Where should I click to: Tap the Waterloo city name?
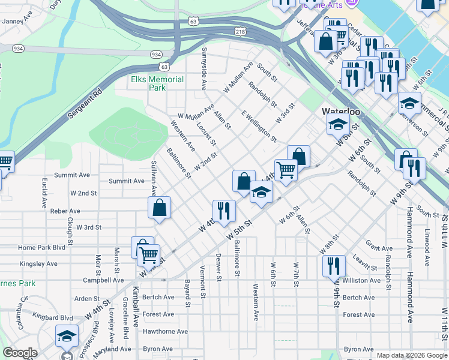pos(340,112)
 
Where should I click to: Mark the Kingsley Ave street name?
pos(38,263)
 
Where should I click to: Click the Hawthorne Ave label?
pos(166,331)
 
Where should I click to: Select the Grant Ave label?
pos(379,248)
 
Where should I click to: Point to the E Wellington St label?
pos(259,127)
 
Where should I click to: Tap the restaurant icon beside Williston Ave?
pos(334,265)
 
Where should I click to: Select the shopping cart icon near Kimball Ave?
pos(148,254)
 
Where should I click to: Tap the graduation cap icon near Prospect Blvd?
pos(67,335)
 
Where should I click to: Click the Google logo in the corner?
pos(20,353)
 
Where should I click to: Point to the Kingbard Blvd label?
pos(53,318)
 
